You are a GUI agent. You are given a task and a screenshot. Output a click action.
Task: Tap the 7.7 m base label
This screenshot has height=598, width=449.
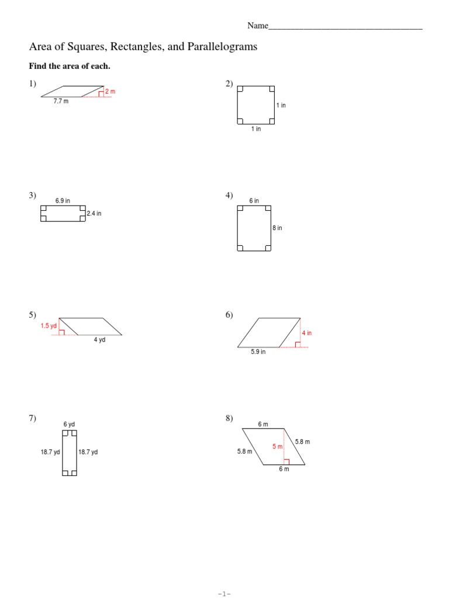click(x=61, y=102)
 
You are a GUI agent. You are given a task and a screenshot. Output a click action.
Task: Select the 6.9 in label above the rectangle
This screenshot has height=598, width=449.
click(x=63, y=201)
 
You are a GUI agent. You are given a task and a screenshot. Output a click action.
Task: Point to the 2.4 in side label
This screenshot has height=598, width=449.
click(x=94, y=214)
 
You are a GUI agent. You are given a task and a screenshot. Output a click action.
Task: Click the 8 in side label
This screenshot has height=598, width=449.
click(x=278, y=228)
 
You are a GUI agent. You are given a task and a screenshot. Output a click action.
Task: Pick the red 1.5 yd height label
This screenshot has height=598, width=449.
click(x=49, y=326)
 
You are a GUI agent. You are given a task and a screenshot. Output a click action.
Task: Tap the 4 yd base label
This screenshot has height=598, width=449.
click(x=99, y=340)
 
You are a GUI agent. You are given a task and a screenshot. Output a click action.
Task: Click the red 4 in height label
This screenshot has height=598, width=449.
click(x=307, y=333)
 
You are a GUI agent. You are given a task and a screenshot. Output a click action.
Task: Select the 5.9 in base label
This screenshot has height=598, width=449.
click(x=258, y=352)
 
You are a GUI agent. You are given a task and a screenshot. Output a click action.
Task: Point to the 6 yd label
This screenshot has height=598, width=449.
click(x=69, y=424)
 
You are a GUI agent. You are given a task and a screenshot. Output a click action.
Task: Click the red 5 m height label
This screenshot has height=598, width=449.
click(x=277, y=447)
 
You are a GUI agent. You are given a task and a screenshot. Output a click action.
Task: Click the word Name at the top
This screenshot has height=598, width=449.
click(x=257, y=26)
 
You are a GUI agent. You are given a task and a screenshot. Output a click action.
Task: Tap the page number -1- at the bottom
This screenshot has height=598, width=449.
click(x=224, y=593)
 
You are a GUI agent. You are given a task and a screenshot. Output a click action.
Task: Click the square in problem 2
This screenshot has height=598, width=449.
click(x=256, y=105)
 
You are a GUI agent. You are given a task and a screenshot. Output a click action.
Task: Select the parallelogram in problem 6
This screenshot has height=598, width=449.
click(x=269, y=333)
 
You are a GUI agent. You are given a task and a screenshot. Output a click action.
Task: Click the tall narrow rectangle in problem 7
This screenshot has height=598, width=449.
click(x=69, y=453)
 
